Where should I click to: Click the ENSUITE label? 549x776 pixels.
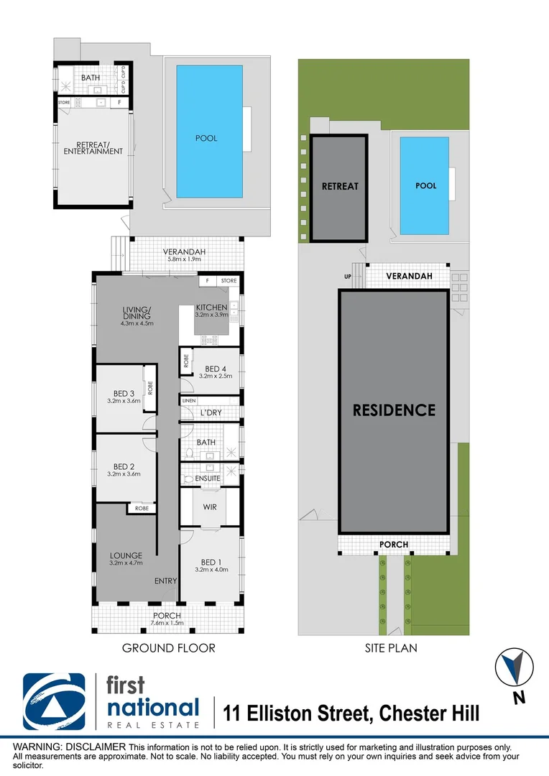207,478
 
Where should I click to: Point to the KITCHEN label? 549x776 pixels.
211,308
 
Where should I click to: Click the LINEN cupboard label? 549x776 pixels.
189,400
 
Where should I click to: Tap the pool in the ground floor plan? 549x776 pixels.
206,138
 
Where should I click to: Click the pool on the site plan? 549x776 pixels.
426,185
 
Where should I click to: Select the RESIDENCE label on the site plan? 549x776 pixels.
394,410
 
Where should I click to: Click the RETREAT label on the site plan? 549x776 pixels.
339,186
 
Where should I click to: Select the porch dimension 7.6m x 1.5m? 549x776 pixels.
167,623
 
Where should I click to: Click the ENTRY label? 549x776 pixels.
166,581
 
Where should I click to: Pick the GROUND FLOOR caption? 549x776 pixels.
168,648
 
